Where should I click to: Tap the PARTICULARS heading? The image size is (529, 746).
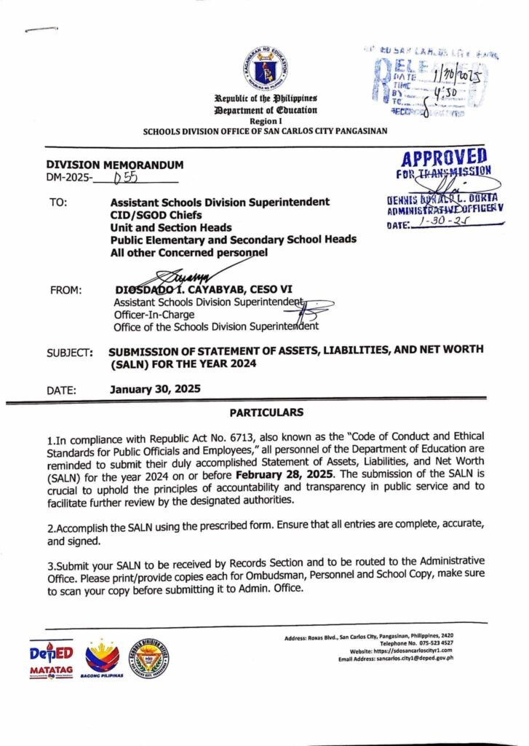pos(266,412)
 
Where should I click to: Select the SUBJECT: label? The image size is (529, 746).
pos(70,353)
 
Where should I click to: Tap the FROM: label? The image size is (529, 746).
pos(65,291)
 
